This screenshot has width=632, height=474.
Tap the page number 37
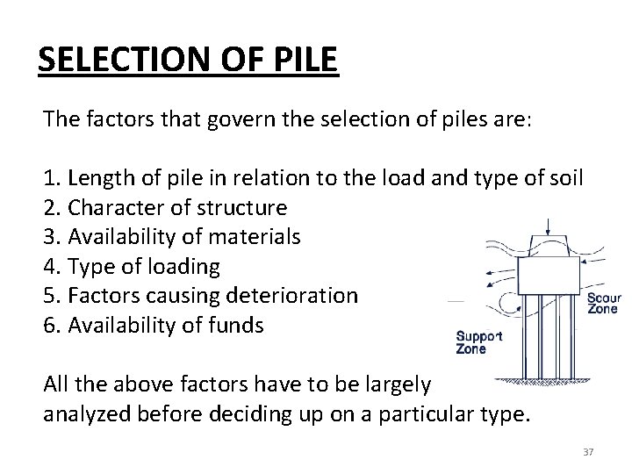[x=588, y=451]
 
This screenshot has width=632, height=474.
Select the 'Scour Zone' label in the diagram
[x=603, y=305]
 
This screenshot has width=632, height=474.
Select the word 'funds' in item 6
[x=237, y=324]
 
